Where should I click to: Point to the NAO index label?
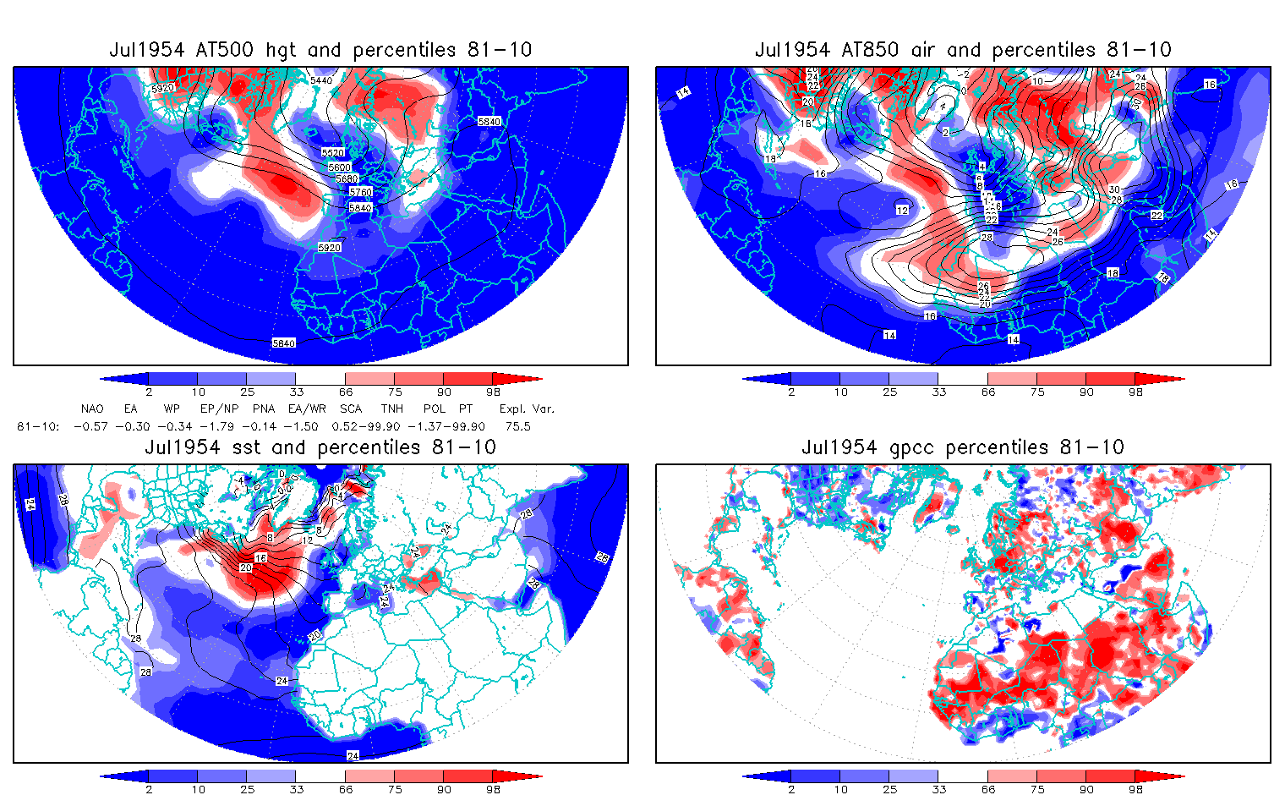point(92,408)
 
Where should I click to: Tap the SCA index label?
point(351,408)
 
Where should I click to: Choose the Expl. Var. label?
point(527,408)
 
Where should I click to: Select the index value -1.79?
point(216,426)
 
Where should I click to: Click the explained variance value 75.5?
point(517,426)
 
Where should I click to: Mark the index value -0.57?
point(91,426)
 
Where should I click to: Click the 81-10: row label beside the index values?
point(38,426)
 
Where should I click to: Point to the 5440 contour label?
point(321,80)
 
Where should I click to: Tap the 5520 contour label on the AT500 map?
point(333,153)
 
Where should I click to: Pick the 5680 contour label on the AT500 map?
point(346,179)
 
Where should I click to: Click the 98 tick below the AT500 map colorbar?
point(494,392)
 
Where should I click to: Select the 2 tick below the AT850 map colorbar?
point(791,392)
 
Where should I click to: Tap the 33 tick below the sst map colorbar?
point(296,789)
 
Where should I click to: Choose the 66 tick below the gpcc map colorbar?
point(988,789)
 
